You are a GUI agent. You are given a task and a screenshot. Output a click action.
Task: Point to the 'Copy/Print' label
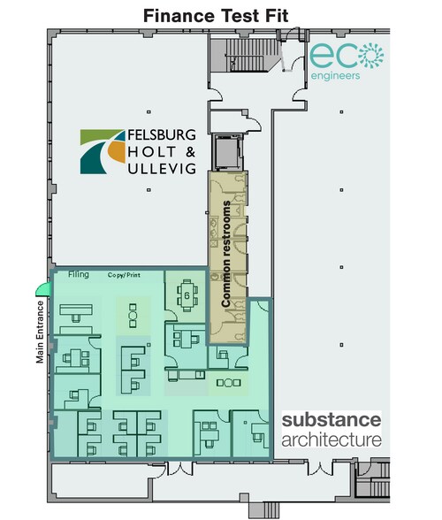point(126,276)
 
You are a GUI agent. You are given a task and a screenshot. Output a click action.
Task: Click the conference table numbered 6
point(185,294)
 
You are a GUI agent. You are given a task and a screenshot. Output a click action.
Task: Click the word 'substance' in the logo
point(331,419)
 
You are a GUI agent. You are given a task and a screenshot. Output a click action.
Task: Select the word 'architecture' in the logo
point(331,439)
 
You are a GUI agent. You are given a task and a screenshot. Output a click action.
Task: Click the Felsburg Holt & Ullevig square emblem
point(103,151)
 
